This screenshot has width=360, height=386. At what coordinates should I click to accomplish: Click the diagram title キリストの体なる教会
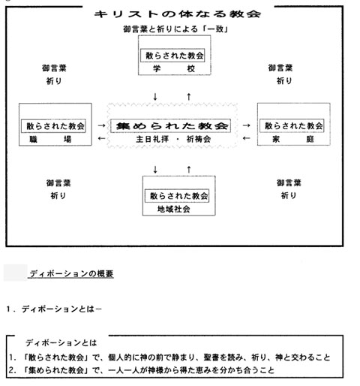pyautogui.click(x=178, y=14)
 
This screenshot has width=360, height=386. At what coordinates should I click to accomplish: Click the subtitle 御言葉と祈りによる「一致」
pyautogui.click(x=175, y=29)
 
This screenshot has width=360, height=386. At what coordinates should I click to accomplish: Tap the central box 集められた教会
pyautogui.click(x=170, y=125)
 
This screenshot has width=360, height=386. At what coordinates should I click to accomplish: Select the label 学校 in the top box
pyautogui.click(x=174, y=68)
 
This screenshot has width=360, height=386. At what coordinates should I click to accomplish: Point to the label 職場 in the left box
pyautogui.click(x=50, y=139)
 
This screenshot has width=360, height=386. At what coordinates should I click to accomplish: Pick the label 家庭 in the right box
pyautogui.click(x=293, y=139)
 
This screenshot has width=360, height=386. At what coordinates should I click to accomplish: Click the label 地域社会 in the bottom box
pyautogui.click(x=174, y=209)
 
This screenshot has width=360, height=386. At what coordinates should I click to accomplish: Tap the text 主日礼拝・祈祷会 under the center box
pyautogui.click(x=173, y=139)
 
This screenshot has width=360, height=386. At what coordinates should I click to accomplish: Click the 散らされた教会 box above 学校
pyautogui.click(x=172, y=56)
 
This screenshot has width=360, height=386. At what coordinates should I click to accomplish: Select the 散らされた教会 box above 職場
pyautogui.click(x=53, y=125)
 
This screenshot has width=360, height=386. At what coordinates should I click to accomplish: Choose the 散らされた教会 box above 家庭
pyautogui.click(x=292, y=125)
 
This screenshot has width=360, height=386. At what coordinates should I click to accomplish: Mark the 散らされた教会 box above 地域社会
pyautogui.click(x=177, y=195)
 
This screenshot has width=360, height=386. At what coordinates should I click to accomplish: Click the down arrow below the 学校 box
pyautogui.click(x=155, y=96)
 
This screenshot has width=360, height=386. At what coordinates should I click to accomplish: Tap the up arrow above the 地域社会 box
pyautogui.click(x=189, y=170)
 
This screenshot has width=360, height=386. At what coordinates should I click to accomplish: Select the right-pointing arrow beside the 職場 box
pyautogui.click(x=101, y=125)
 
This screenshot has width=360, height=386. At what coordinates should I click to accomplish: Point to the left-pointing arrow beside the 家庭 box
pyautogui.click(x=246, y=138)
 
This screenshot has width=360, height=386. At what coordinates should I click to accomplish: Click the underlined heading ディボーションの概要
pyautogui.click(x=71, y=273)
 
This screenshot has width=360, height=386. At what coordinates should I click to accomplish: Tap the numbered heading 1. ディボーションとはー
pyautogui.click(x=54, y=309)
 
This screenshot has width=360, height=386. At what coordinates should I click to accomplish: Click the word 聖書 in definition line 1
pyautogui.click(x=211, y=357)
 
